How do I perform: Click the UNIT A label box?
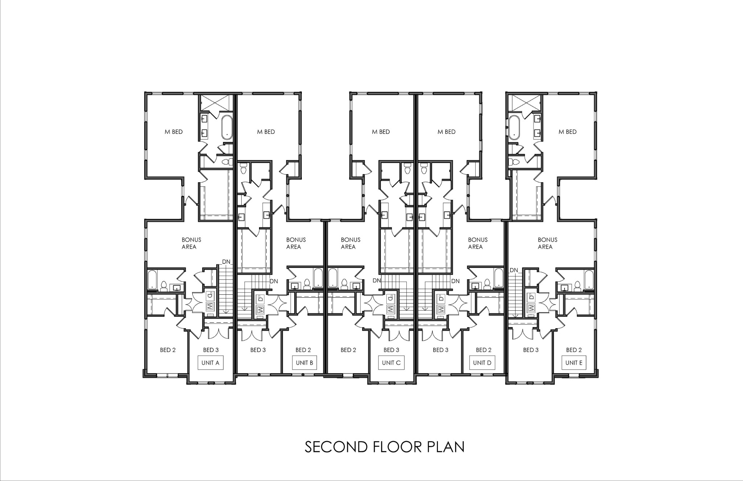click(210, 363)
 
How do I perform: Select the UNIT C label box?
click(391, 363)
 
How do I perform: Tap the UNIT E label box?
click(574, 363)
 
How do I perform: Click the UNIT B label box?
click(304, 363)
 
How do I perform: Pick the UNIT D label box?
click(482, 363)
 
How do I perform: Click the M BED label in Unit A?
click(174, 132)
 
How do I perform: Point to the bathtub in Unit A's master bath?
click(227, 127)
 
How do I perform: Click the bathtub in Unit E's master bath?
click(514, 127)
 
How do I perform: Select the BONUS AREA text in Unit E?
click(547, 243)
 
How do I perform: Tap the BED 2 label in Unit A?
click(168, 350)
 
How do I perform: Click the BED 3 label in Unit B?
click(258, 350)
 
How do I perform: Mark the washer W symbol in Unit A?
click(210, 306)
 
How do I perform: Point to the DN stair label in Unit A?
click(226, 262)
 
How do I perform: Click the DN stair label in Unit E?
click(514, 270)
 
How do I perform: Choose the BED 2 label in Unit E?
click(574, 350)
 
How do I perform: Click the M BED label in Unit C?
click(381, 132)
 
